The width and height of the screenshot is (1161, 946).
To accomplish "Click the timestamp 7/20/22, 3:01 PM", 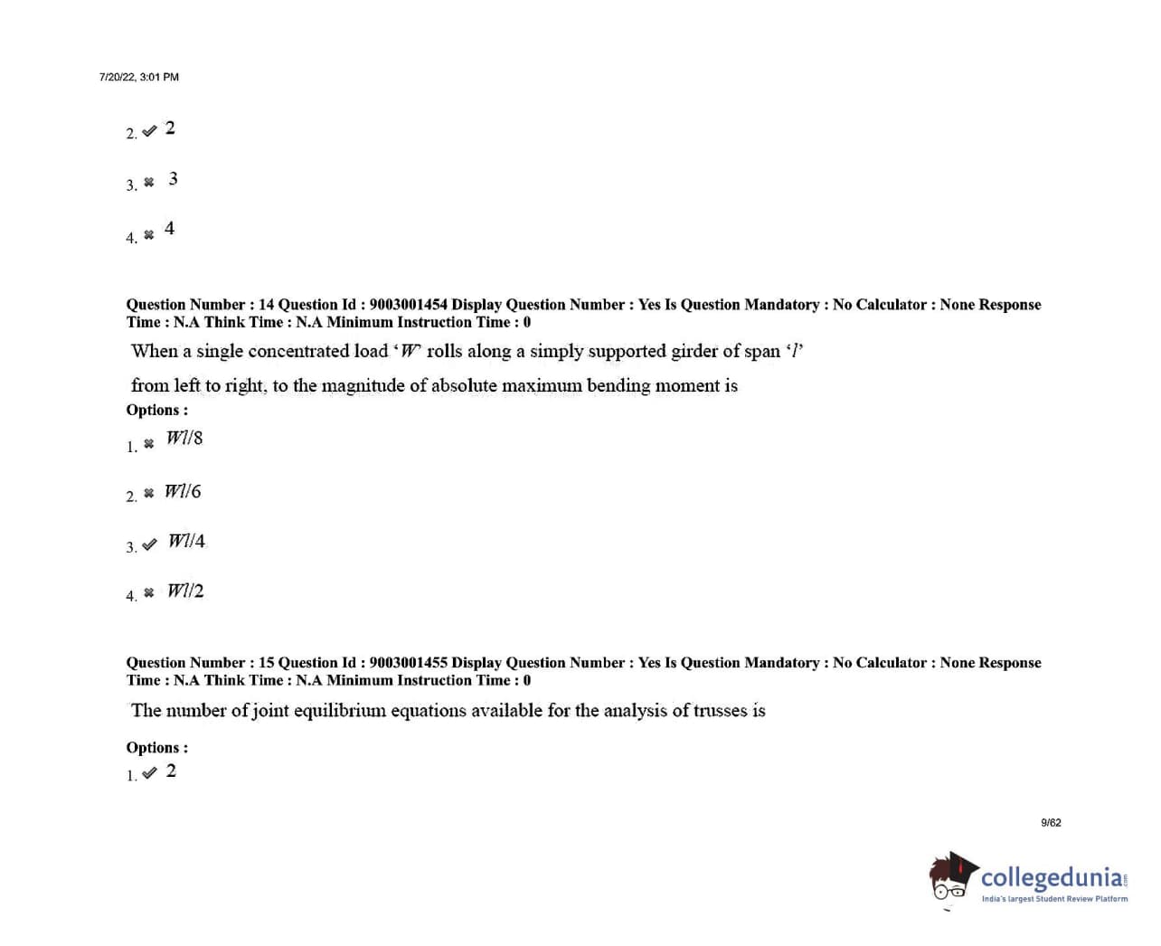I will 138,77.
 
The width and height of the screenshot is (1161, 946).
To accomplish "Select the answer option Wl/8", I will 184,439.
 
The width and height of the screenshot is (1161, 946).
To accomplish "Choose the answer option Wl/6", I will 183,492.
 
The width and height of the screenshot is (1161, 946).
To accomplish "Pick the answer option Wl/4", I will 186,541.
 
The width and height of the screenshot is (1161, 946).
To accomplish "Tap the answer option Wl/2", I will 185,591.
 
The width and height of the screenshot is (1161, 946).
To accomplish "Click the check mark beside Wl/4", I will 149,544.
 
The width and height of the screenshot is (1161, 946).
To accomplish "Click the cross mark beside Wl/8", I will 149,444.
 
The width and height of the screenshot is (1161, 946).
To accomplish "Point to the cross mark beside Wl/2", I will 149,592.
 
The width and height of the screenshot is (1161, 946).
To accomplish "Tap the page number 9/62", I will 1051,823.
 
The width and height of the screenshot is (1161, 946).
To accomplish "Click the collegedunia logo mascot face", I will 949,879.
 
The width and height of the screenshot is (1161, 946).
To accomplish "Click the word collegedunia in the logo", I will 1052,878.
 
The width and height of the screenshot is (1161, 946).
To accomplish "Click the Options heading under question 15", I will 156,748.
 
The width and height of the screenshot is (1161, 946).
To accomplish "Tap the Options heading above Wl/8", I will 156,410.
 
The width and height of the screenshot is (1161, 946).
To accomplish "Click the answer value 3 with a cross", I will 173,179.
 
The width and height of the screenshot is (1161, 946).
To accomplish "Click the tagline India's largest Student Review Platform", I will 1054,899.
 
